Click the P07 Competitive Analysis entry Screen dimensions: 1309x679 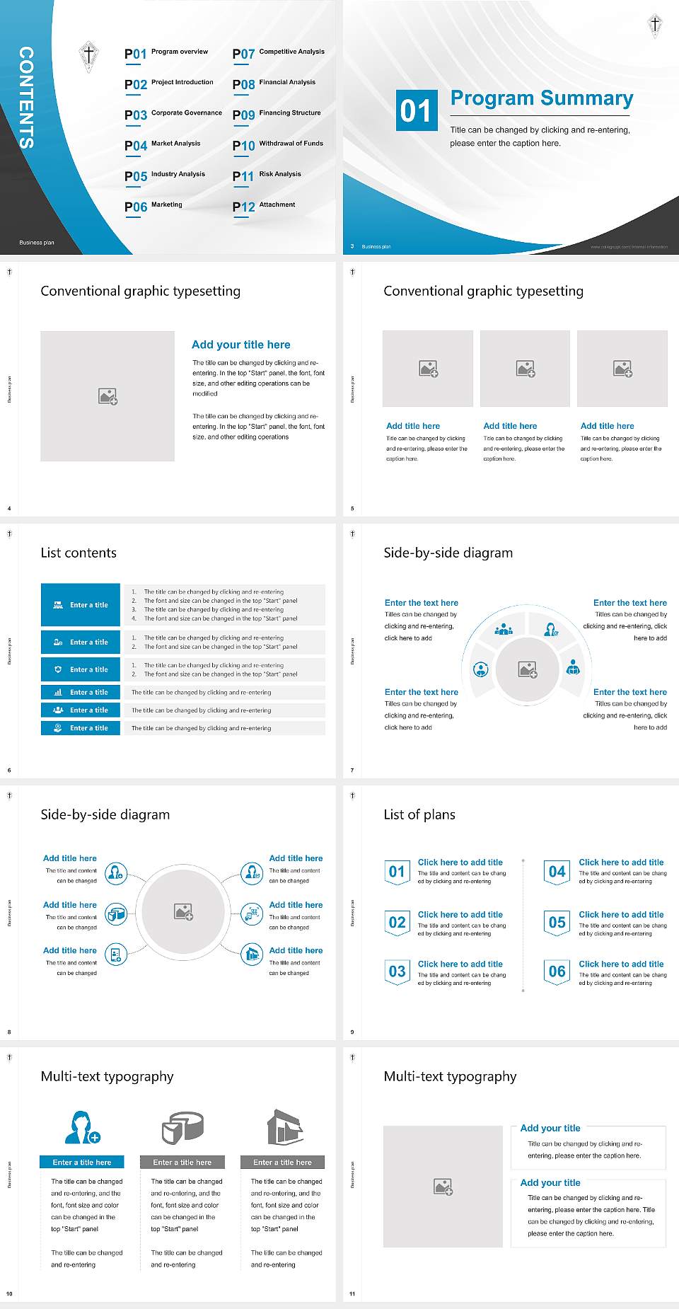coord(279,53)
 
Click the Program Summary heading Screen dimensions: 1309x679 coord(541,98)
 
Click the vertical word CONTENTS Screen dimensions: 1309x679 coord(26,97)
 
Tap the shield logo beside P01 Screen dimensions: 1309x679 coord(88,56)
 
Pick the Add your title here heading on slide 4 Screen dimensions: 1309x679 coord(240,345)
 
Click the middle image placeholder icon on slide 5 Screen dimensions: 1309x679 coord(525,369)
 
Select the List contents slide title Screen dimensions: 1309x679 coord(79,553)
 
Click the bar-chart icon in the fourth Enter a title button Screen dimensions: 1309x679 coord(58,692)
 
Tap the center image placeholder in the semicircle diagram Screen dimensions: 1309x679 coord(528,669)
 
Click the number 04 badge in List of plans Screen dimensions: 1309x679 coord(557,872)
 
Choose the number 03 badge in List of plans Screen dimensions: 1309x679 coord(397,971)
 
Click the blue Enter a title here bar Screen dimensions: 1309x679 coord(82,1162)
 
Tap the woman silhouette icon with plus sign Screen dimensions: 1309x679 coord(82,1127)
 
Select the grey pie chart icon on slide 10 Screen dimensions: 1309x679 coord(182,1127)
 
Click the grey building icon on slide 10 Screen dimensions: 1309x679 coord(284,1127)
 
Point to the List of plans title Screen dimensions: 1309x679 coord(419,814)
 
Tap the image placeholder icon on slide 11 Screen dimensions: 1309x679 coord(443,1187)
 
